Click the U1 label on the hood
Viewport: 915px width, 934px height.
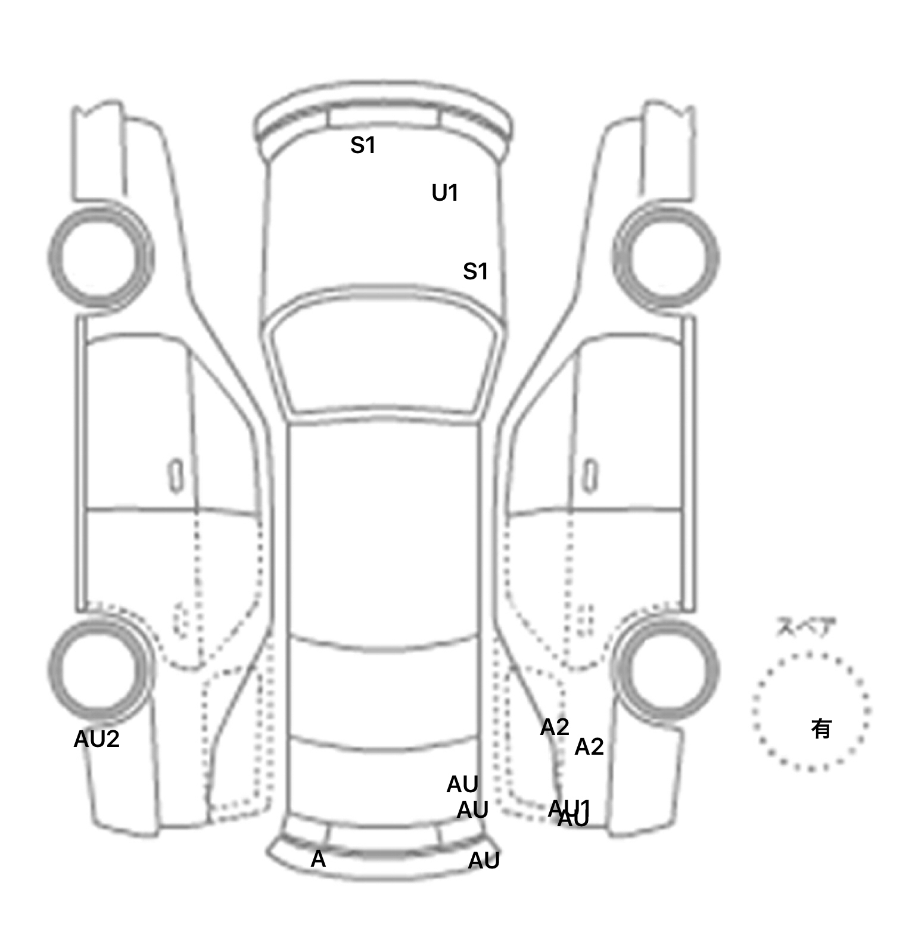[x=445, y=193]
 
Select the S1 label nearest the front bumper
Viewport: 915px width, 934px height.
[x=363, y=145]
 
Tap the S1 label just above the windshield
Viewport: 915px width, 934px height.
[x=475, y=272]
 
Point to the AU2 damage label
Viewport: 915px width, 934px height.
[x=97, y=739]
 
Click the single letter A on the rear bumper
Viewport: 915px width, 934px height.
[x=318, y=859]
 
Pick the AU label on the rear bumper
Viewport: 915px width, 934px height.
[x=484, y=861]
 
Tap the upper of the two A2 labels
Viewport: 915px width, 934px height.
[x=555, y=727]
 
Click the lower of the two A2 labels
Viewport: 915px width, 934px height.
[x=589, y=747]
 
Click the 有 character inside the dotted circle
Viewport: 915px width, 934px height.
[x=821, y=728]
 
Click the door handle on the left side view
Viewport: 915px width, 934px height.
[x=176, y=475]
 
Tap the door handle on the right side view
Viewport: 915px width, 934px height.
[x=590, y=475]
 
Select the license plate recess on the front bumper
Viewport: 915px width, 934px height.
[x=382, y=118]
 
